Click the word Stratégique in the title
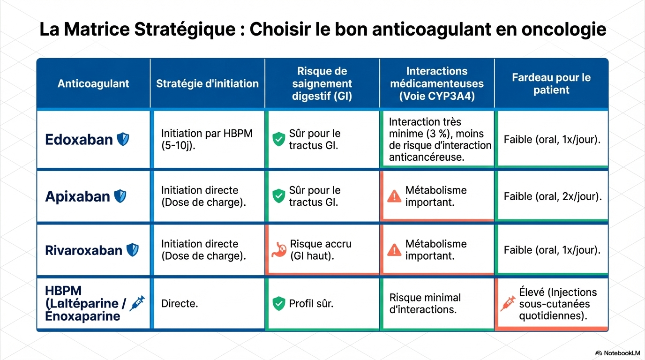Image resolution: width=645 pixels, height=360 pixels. tap(185, 30)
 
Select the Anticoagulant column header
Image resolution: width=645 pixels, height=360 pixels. tap(93, 83)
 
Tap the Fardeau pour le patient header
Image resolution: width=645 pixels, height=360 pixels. tap(551, 83)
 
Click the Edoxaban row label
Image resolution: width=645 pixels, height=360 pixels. tap(79, 139)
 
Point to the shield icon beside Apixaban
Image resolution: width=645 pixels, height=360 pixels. tap(120, 196)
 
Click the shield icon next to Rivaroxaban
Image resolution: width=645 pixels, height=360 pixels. tap(133, 250)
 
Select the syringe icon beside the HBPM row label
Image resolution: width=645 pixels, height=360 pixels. tap(137, 303)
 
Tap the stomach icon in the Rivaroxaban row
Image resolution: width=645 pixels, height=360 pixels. tap(279, 250)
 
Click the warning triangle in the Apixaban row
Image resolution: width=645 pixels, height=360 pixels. tap(394, 196)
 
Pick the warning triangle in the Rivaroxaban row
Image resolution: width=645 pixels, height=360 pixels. tap(394, 250)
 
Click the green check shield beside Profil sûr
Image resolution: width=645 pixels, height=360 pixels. tap(279, 304)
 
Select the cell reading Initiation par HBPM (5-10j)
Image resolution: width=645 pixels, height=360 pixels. tap(207, 139)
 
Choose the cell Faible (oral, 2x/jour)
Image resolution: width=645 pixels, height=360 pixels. tap(553, 196)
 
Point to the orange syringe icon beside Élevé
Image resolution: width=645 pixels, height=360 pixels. tap(508, 304)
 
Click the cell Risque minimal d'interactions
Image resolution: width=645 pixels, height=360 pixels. tap(425, 304)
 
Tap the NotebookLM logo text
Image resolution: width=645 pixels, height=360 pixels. tap(622, 353)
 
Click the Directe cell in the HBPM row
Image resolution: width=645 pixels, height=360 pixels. tap(180, 304)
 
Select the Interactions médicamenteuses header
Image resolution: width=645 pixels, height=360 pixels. tap(437, 83)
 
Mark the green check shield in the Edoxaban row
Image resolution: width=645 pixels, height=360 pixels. tap(279, 139)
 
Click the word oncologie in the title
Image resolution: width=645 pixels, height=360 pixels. tap(564, 30)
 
